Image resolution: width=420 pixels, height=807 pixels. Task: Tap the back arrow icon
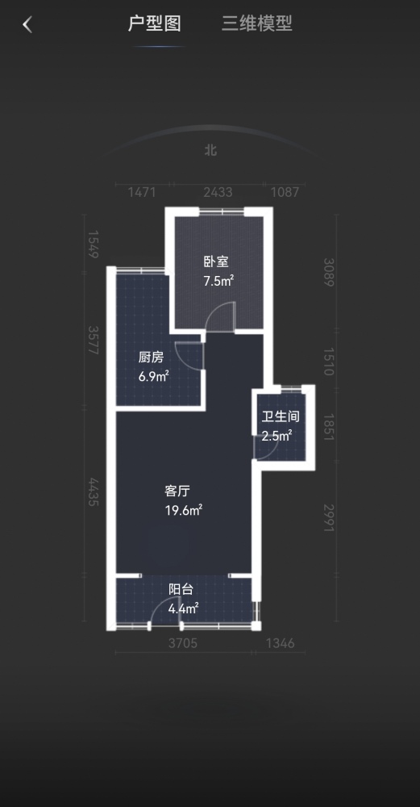coord(27,24)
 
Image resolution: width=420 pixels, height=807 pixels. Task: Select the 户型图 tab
coord(154,23)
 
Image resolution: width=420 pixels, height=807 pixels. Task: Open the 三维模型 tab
coord(257,23)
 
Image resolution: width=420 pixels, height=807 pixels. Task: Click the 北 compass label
coord(210,150)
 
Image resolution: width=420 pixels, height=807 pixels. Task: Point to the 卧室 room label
coord(216,262)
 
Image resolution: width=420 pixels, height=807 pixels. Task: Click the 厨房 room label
coord(151,358)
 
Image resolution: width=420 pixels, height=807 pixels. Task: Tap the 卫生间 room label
coord(281,416)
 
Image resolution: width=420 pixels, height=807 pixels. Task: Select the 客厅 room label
coord(177,491)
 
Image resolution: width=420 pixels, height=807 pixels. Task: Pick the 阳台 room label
coord(181,590)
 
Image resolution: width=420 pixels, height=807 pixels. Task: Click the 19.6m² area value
coord(184,510)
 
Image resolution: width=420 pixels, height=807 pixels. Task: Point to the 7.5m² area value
coord(219,281)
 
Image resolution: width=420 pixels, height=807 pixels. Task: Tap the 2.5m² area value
coord(277,436)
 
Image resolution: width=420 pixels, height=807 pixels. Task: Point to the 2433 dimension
coord(218,193)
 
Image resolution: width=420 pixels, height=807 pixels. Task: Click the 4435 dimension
coord(93,491)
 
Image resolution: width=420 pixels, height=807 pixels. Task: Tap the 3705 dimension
coord(183,643)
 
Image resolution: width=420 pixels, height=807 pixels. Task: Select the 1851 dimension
coord(329,427)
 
